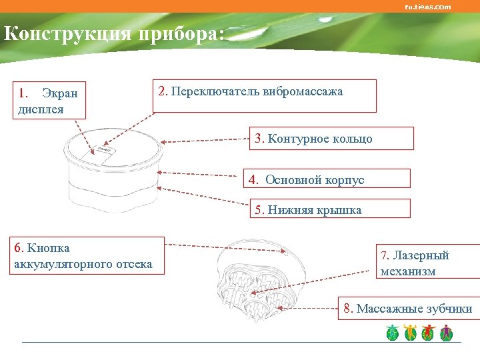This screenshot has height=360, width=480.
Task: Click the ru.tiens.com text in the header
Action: point(427,7)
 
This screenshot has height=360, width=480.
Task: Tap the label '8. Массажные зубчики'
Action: point(408,309)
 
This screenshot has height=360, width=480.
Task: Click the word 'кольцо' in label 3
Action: point(352,139)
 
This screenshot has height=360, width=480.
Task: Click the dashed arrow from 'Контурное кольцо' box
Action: point(207,140)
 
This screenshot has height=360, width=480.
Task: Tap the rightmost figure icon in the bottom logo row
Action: point(446,333)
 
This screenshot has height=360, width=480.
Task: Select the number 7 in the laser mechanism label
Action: point(384,256)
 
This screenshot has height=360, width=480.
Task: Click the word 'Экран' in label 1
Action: point(60,93)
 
